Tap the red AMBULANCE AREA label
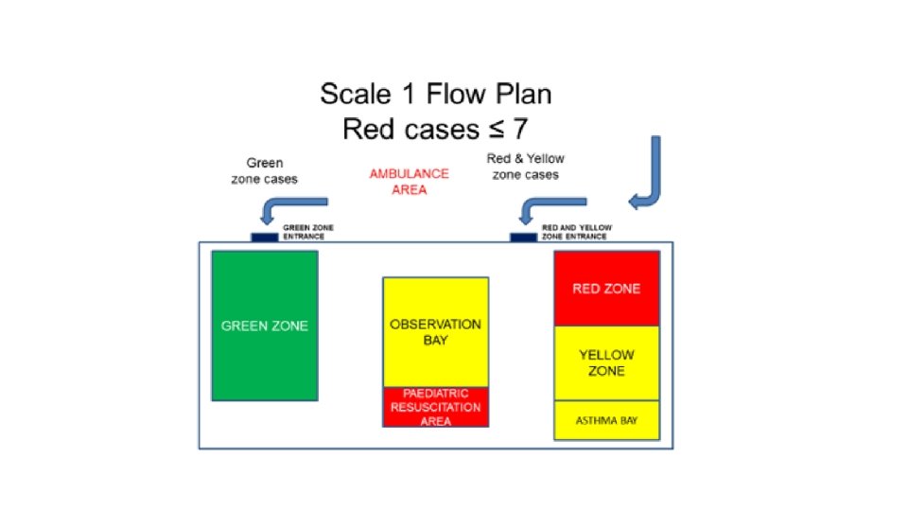coord(409,182)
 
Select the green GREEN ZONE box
coord(264,326)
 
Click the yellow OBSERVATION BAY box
coord(435,331)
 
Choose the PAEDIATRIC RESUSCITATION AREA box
coord(435,407)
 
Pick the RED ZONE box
coord(606,289)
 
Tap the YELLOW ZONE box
coord(606,363)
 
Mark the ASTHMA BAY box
coord(606,420)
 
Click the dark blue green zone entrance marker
coord(264,237)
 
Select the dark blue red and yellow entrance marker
coord(523,237)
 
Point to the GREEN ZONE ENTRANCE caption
coord(309,233)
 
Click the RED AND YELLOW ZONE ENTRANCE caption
coord(576,233)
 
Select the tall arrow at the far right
coord(649,175)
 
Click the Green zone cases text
coord(264,171)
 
